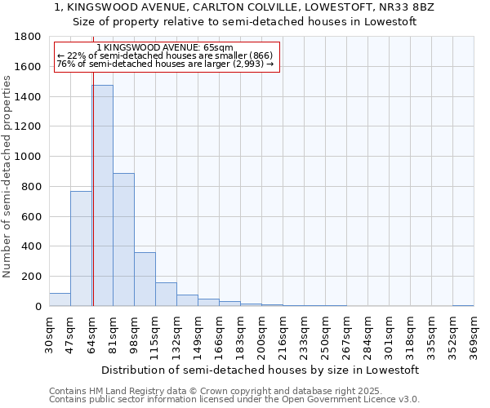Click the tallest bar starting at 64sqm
(x=102, y=196)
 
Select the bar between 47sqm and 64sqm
(x=81, y=249)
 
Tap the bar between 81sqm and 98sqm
(x=123, y=240)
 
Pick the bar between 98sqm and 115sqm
(x=145, y=279)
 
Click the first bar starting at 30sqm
(x=60, y=299)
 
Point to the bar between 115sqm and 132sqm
(x=166, y=295)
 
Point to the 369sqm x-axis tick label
(x=474, y=335)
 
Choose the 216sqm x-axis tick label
(x=283, y=335)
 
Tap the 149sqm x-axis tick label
(x=198, y=335)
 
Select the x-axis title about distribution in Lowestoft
(x=261, y=370)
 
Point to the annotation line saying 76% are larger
(x=167, y=64)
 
